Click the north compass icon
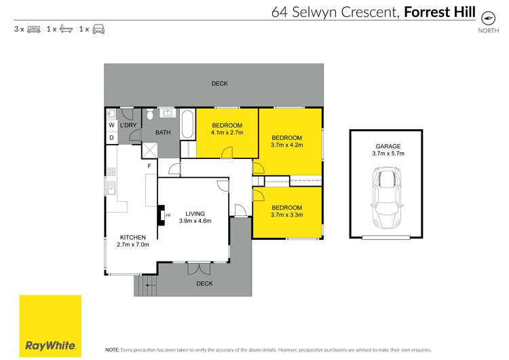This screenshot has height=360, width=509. point(487,18)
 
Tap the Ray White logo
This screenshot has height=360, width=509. point(50,327)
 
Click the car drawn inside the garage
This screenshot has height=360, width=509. point(387,199)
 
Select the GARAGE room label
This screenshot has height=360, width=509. point(389,146)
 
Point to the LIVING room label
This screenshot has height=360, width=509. point(195,214)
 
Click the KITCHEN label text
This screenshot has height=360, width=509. point(130,237)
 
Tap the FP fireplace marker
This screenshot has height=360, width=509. point(168,215)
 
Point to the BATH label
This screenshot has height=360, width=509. point(163,132)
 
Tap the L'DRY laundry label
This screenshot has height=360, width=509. point(128,126)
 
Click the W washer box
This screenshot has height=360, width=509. point(111,125)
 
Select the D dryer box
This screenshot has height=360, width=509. point(111,138)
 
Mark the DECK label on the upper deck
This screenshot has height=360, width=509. point(219,84)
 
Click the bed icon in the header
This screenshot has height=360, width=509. point(33,29)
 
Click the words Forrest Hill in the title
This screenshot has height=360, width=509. point(438,12)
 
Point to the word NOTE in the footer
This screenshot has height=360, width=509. point(112,349)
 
